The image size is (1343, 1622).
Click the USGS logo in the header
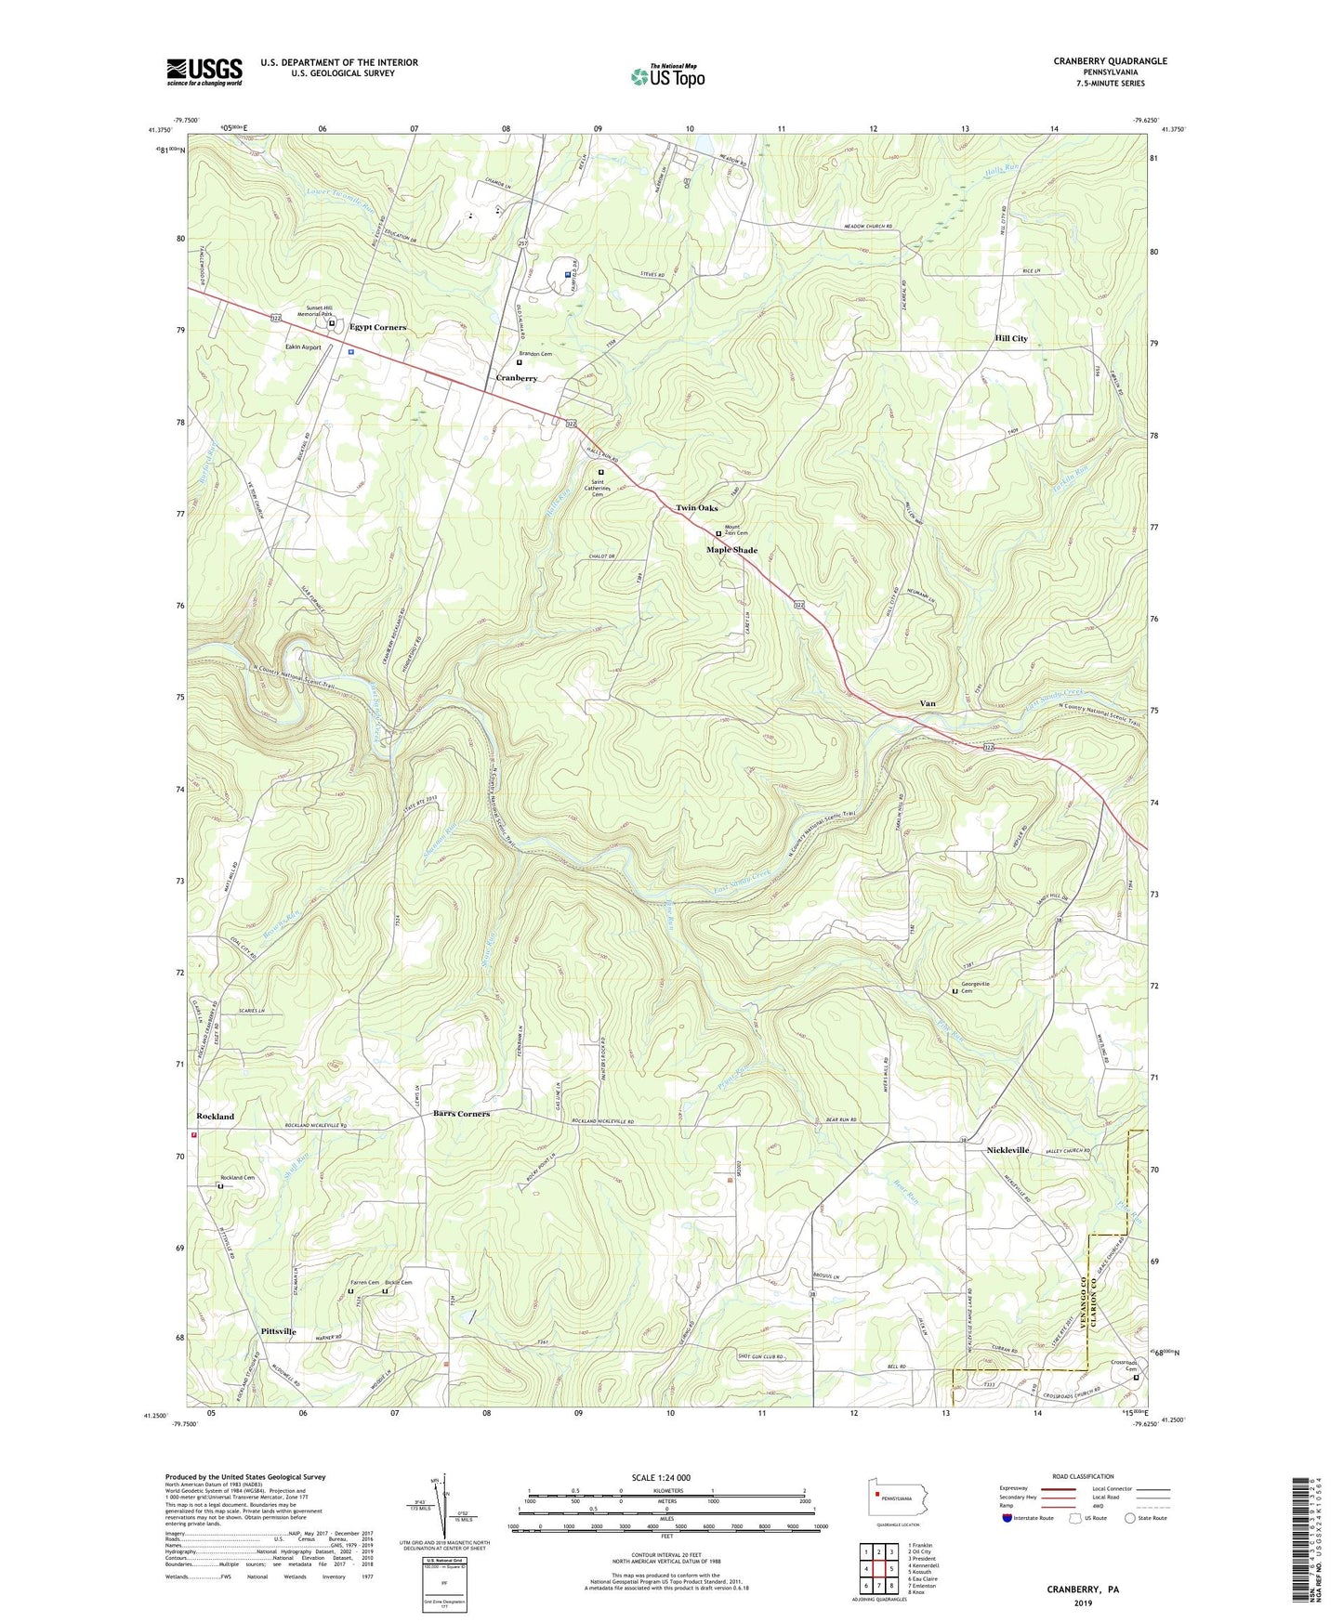pyautogui.click(x=204, y=72)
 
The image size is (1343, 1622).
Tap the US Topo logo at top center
pyautogui.click(x=667, y=76)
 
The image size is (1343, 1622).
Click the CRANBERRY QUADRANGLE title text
pyautogui.click(x=1110, y=61)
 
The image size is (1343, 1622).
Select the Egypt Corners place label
pyautogui.click(x=377, y=328)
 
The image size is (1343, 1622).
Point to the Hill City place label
pyautogui.click(x=1011, y=339)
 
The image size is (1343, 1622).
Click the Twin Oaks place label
pyautogui.click(x=696, y=508)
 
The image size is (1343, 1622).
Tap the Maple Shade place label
pyautogui.click(x=731, y=550)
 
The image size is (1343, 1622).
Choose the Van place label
pyautogui.click(x=927, y=703)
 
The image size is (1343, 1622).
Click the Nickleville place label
pyautogui.click(x=1007, y=1150)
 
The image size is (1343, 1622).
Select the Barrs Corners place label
pyautogui.click(x=461, y=1113)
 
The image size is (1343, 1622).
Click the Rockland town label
pyautogui.click(x=215, y=1116)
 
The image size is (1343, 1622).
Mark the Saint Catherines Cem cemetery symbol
pyautogui.click(x=600, y=472)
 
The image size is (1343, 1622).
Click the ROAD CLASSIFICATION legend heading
pyautogui.click(x=1083, y=1476)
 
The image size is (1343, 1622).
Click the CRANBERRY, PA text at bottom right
pyautogui.click(x=1083, y=1589)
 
